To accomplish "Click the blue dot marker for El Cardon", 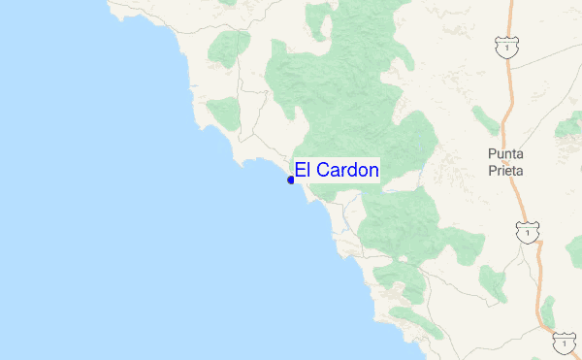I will pyautogui.click(x=291, y=180).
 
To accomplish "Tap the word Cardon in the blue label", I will pyautogui.click(x=347, y=170).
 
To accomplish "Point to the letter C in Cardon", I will pyautogui.click(x=321, y=170).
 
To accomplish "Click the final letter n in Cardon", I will pyautogui.click(x=373, y=170).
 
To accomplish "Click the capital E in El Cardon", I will pyautogui.click(x=299, y=170).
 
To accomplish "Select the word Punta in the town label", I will pyautogui.click(x=505, y=154).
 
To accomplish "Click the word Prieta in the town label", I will pyautogui.click(x=505, y=170).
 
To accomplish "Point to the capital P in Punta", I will pyautogui.click(x=492, y=154).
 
